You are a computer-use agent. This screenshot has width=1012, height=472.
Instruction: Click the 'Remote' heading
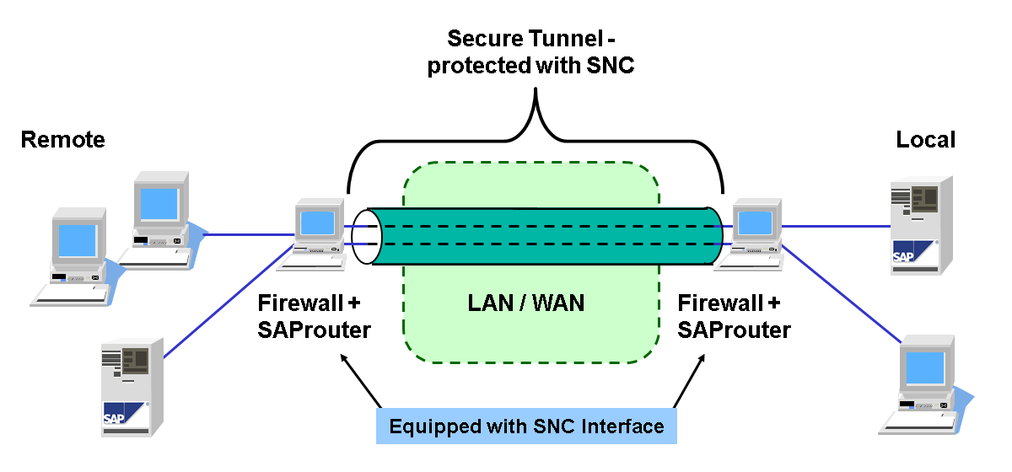click(x=63, y=140)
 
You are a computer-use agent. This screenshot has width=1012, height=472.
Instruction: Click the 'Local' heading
click(x=926, y=140)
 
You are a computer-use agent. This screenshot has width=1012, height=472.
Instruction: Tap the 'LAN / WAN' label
click(x=526, y=303)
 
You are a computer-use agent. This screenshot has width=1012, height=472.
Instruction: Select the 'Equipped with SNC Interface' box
click(x=526, y=426)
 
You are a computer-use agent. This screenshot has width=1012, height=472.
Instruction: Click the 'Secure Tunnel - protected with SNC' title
click(x=530, y=52)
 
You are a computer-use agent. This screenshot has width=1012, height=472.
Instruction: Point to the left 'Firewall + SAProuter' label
click(x=314, y=316)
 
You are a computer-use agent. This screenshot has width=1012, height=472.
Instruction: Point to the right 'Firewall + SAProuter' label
click(x=734, y=316)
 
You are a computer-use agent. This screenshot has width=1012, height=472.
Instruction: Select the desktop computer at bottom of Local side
click(x=928, y=383)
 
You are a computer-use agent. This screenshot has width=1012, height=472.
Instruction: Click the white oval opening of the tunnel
click(x=367, y=237)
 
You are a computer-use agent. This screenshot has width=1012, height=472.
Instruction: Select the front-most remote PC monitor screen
click(x=78, y=242)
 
